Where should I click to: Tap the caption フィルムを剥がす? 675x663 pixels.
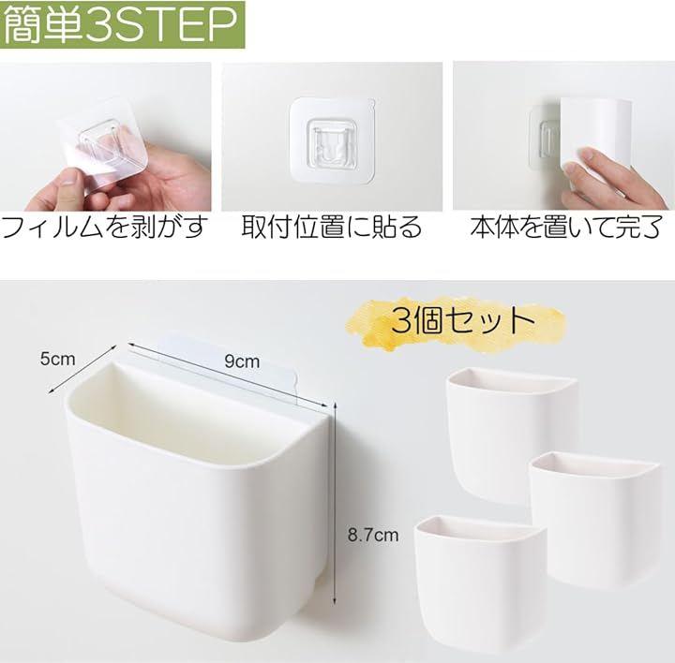click(x=105, y=228)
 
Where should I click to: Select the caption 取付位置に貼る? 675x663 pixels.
click(x=332, y=227)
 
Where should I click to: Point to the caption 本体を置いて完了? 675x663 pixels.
click(x=565, y=228)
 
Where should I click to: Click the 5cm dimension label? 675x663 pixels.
click(x=57, y=359)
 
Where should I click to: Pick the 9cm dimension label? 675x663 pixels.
click(x=242, y=361)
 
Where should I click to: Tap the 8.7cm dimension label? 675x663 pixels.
click(x=373, y=535)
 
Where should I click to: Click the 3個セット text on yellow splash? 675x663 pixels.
click(x=463, y=320)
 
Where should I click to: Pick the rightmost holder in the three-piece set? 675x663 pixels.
click(x=594, y=521)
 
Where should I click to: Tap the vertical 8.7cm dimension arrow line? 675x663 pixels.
click(x=335, y=502)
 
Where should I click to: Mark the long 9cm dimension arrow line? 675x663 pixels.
click(x=226, y=374)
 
